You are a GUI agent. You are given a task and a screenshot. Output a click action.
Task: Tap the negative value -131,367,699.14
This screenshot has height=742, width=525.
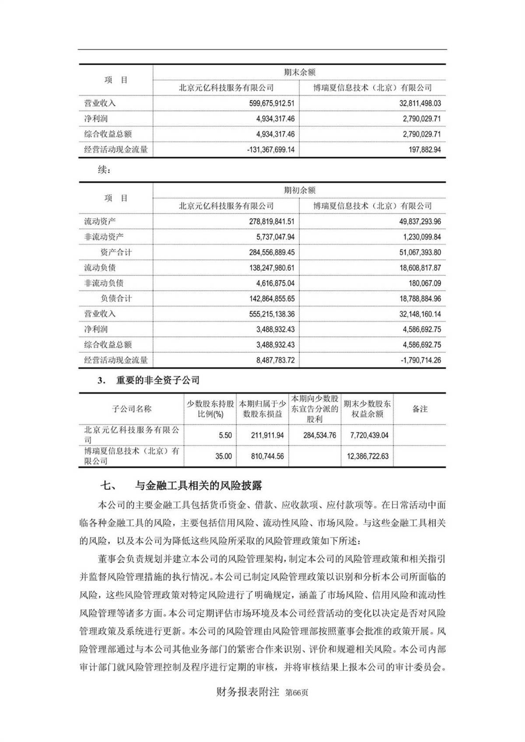coord(270,150)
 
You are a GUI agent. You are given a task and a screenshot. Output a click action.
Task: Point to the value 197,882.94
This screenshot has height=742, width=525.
coord(422,150)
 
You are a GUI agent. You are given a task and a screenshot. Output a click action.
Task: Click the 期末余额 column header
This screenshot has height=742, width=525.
coord(299,73)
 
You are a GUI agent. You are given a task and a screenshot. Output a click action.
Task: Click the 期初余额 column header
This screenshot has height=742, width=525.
coord(299,190)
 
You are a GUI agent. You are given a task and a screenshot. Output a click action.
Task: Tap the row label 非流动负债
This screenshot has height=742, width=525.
coord(104,283)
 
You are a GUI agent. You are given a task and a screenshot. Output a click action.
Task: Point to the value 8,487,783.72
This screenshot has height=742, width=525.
coord(275,360)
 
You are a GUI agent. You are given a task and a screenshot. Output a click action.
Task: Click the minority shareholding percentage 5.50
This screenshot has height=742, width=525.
coord(225,436)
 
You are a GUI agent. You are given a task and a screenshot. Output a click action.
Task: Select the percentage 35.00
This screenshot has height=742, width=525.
coord(224,456)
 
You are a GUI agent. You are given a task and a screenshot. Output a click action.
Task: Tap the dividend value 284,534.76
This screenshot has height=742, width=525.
coord(319,436)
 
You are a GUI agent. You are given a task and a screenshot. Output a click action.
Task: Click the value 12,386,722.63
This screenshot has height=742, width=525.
coord(367,456)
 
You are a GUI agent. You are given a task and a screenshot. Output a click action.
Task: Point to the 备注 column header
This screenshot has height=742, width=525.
coord(420,409)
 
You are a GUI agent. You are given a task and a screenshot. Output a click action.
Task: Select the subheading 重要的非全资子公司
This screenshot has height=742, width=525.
coord(158,381)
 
